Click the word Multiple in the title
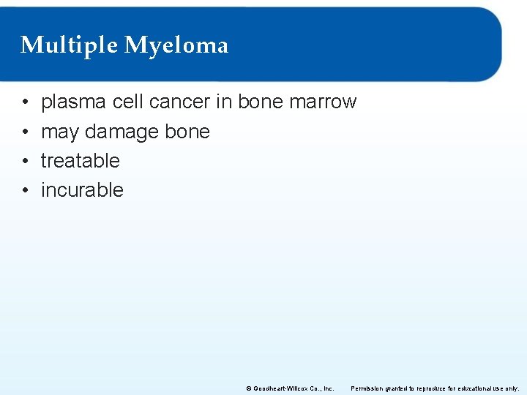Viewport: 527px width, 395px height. pyautogui.click(x=70, y=45)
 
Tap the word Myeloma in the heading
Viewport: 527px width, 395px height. pyautogui.click(x=176, y=45)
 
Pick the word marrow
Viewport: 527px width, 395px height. pyautogui.click(x=323, y=102)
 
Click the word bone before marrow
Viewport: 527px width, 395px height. pyautogui.click(x=261, y=102)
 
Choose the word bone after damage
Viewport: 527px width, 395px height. pyautogui.click(x=187, y=132)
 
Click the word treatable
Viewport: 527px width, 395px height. pyautogui.click(x=80, y=160)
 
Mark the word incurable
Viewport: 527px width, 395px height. pyautogui.click(x=82, y=190)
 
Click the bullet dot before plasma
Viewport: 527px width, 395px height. pyautogui.click(x=25, y=102)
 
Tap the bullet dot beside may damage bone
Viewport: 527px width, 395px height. pyautogui.click(x=25, y=132)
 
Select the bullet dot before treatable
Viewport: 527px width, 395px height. pyautogui.click(x=25, y=161)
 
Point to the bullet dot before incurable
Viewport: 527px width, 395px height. pyautogui.click(x=25, y=190)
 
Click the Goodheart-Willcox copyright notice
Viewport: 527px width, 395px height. pyautogui.click(x=290, y=388)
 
